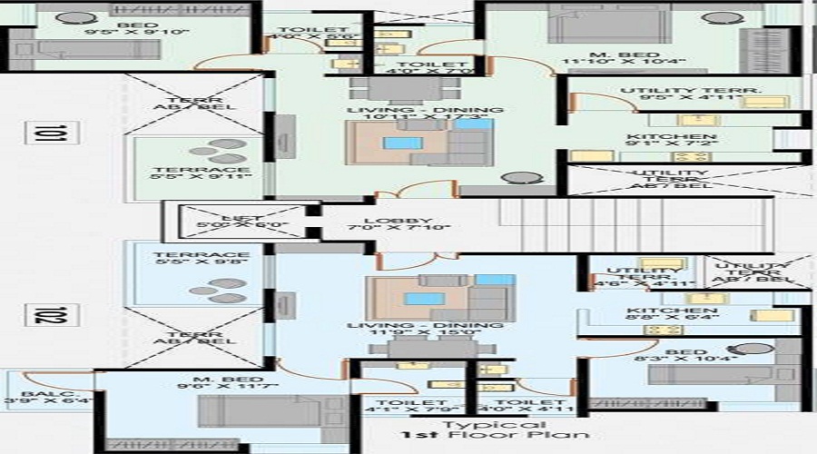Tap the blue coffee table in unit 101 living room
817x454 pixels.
[x=397, y=143]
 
